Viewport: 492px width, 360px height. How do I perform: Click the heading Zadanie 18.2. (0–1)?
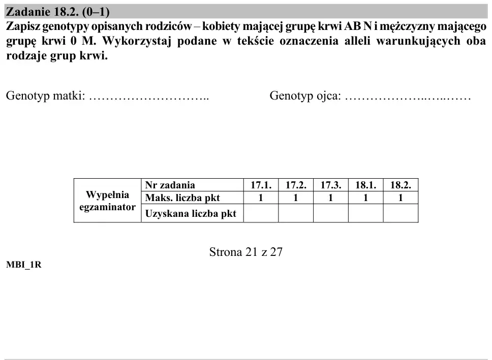[x=58, y=12]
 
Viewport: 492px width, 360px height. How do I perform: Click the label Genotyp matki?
[x=46, y=95]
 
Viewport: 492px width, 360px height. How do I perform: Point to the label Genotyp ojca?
[x=305, y=95]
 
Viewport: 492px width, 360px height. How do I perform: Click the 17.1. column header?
[x=261, y=185]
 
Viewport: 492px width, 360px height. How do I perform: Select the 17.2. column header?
[x=296, y=185]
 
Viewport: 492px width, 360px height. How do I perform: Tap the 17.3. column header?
[x=331, y=185]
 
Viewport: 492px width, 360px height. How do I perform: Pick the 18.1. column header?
[x=365, y=185]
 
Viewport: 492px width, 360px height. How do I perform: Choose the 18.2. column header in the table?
[x=401, y=185]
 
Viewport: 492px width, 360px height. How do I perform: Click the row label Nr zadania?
[x=170, y=185]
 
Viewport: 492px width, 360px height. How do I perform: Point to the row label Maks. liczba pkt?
[x=182, y=198]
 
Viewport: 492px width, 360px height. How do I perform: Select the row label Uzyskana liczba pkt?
[x=191, y=214]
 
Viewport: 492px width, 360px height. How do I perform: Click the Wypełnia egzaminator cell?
[x=107, y=201]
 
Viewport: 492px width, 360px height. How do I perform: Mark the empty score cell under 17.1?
[x=261, y=213]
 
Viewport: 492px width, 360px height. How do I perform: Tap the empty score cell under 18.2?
[x=401, y=213]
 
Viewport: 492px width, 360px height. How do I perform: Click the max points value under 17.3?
[x=330, y=198]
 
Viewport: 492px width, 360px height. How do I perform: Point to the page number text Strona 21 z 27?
[x=246, y=252]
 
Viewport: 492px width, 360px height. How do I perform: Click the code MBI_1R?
[x=24, y=265]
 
